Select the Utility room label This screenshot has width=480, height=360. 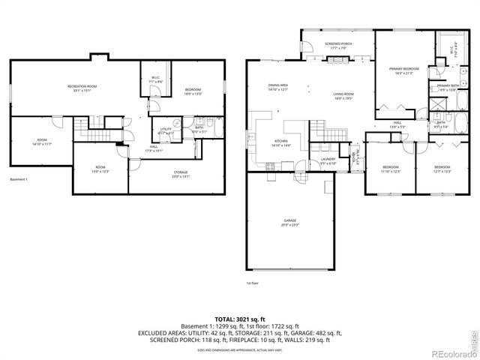tap(166, 130)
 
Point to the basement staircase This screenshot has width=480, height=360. tap(97, 133)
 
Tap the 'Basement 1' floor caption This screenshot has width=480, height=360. tap(19, 179)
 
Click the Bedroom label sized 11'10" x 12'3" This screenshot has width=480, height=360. tap(391, 169)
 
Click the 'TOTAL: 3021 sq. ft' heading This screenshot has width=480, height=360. tap(240, 319)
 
